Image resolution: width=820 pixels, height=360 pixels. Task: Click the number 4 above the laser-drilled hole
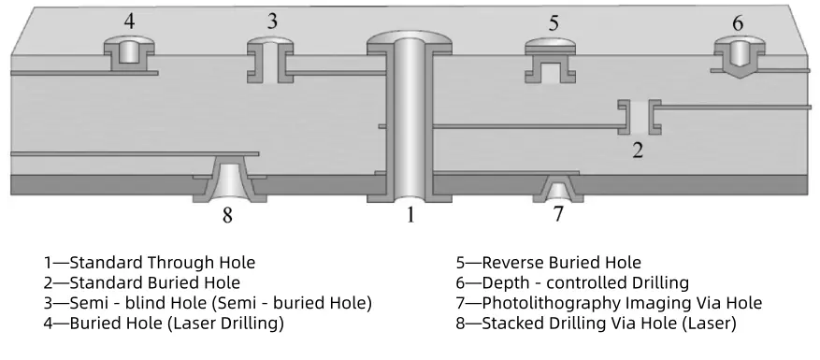click(129, 20)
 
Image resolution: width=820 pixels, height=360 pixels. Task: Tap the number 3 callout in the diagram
click(272, 21)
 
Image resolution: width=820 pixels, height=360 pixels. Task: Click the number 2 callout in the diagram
click(638, 148)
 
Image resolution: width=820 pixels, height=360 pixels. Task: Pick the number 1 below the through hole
click(409, 216)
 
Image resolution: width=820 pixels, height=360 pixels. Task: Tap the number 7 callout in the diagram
click(558, 214)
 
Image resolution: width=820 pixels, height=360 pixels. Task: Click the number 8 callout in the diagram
click(227, 216)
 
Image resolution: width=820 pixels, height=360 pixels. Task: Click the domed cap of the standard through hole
click(410, 42)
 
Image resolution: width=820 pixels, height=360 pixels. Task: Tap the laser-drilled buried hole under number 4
click(127, 53)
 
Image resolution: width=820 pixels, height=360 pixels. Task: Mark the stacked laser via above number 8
click(228, 180)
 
